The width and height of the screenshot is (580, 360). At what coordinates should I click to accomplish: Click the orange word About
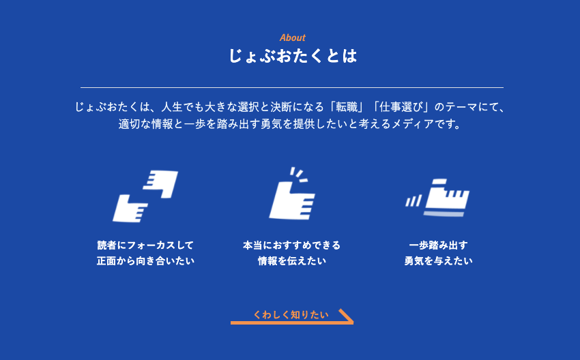coord(292,37)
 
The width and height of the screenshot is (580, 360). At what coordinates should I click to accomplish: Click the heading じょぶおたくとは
coord(292,56)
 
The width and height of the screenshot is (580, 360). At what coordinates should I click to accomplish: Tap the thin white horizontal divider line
coord(292,87)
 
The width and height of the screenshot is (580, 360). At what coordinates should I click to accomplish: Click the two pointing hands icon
coord(145,196)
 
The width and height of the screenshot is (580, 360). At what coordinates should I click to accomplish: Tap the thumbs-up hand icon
coord(292,194)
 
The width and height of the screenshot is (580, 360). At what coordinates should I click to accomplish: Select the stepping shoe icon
coord(437,198)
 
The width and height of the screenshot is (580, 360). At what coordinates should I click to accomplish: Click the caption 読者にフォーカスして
coord(145,245)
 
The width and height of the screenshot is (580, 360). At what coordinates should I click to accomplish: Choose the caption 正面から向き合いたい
coord(145,261)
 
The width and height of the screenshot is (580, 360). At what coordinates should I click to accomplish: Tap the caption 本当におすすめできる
coord(292,245)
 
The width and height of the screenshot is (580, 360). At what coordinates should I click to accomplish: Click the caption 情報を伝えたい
coord(292,261)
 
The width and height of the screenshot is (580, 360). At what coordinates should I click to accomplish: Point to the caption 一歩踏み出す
coord(438,245)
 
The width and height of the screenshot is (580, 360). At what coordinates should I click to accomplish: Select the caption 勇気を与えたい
coord(438,261)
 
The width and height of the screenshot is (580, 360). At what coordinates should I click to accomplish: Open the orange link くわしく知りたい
coord(291,314)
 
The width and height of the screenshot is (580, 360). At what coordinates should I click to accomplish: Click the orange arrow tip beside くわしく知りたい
coord(353,322)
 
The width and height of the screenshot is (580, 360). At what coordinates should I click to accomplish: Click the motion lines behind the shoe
coord(414,201)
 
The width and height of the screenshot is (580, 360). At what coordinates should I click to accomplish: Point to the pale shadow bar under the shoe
coord(444,214)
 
